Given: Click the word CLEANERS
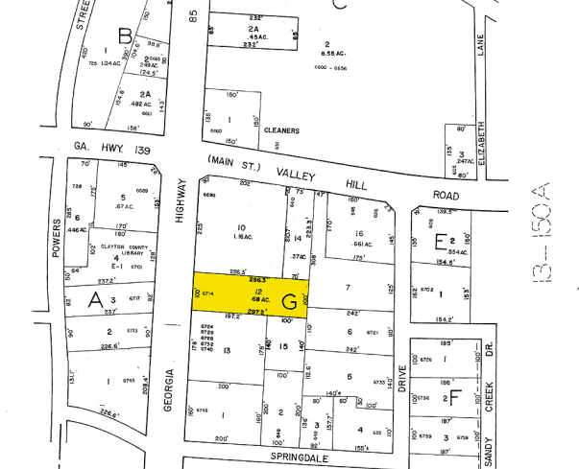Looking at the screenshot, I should (x=286, y=129).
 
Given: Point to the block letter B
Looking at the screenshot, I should (x=124, y=37).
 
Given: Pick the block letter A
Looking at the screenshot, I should (x=95, y=300).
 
